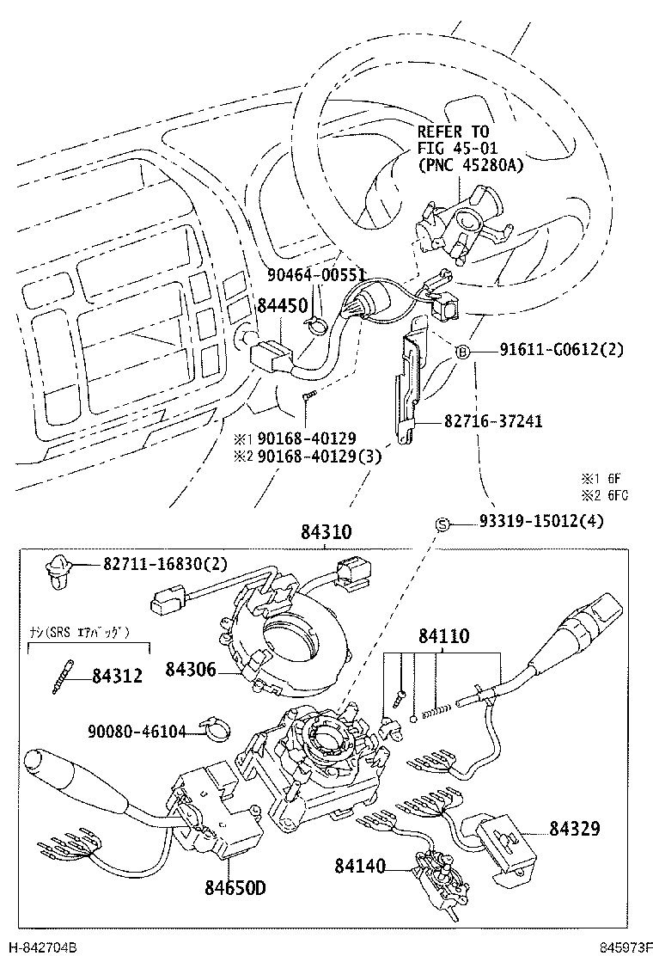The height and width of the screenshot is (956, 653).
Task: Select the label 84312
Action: pos(119,676)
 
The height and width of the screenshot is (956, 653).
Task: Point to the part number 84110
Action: pos(444,637)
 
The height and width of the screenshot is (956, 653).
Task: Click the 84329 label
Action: pos(574,829)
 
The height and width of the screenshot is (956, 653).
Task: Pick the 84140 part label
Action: pos(360,866)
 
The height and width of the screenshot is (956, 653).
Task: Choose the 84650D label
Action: pos(235,886)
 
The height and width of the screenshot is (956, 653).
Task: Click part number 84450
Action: pos(283,306)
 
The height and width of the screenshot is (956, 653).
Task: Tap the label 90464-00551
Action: pos(317,275)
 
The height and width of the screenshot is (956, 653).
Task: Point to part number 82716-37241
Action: pos(493,422)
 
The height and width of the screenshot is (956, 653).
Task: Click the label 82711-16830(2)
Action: pos(165,564)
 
